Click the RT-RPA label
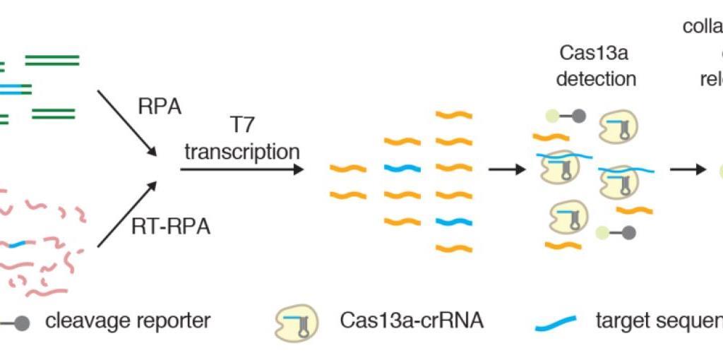click(172, 228)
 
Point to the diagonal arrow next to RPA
click(126, 121)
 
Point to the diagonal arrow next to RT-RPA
click(126, 215)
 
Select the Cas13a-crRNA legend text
click(401, 321)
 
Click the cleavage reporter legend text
click(128, 321)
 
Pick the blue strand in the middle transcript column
click(402, 169)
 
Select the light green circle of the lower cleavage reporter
click(601, 232)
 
